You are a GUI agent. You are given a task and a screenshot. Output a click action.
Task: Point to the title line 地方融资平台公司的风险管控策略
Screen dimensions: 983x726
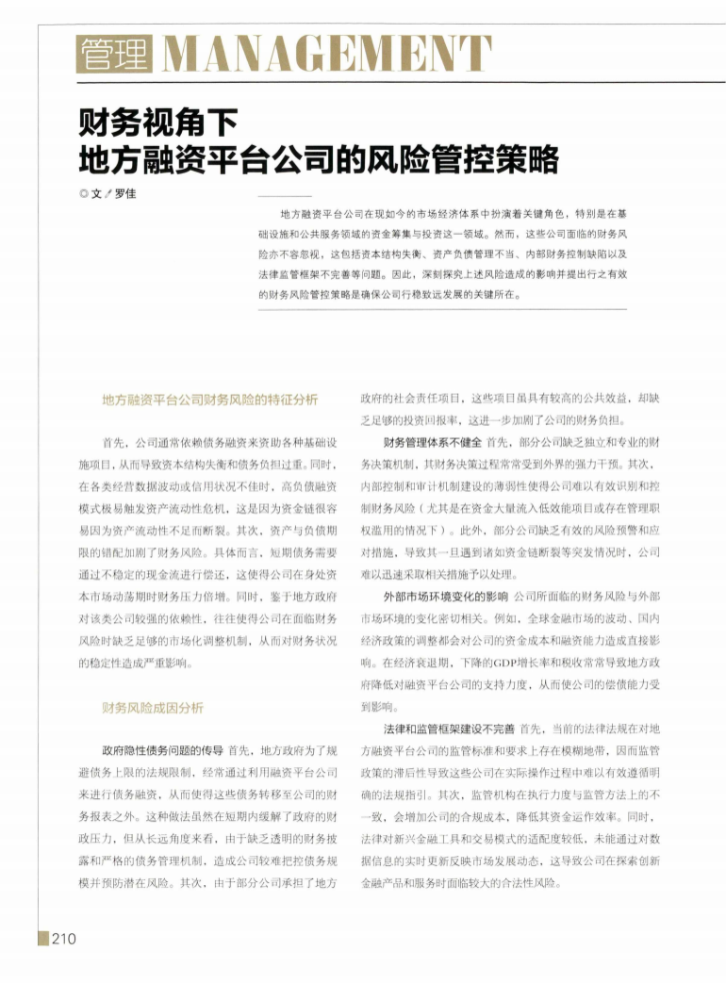click(319, 157)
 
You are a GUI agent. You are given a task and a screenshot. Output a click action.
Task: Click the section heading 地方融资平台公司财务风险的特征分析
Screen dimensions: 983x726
click(210, 399)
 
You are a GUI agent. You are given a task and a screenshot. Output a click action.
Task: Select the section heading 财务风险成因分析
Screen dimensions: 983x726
click(153, 707)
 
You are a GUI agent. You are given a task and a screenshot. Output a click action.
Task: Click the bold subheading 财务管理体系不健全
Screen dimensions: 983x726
click(433, 442)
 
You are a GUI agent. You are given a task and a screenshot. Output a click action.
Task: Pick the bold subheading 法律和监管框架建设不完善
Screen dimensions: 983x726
click(449, 729)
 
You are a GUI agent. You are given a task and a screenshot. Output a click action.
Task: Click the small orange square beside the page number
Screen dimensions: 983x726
click(42, 938)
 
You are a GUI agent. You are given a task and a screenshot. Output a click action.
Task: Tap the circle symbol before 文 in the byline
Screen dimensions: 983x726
click(84, 193)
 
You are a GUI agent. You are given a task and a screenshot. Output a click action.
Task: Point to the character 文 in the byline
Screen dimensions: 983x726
click(96, 193)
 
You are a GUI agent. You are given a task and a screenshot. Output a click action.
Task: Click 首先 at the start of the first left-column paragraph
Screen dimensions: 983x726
click(114, 442)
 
